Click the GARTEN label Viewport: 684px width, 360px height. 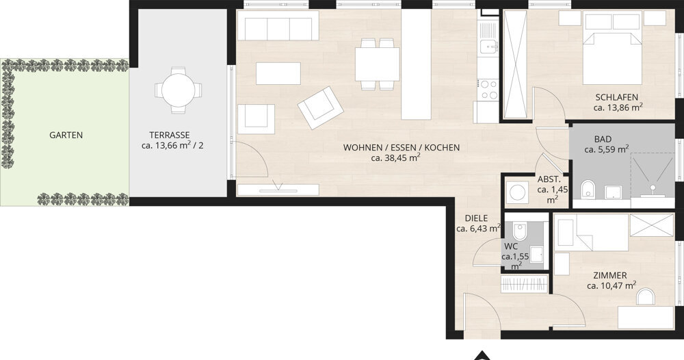[x=66, y=135]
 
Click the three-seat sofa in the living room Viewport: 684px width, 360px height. [x=278, y=28]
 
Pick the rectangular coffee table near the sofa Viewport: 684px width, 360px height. [x=278, y=73]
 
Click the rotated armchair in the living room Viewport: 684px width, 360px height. [x=319, y=107]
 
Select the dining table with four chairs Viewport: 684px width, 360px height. [x=377, y=64]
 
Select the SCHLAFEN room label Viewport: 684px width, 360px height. [x=618, y=97]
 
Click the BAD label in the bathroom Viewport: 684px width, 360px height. [x=603, y=138]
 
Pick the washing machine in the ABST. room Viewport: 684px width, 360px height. [x=516, y=192]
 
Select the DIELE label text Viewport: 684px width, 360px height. [x=476, y=218]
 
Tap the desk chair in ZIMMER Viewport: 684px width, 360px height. [x=645, y=296]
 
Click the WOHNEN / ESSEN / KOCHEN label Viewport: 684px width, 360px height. [x=402, y=147]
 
